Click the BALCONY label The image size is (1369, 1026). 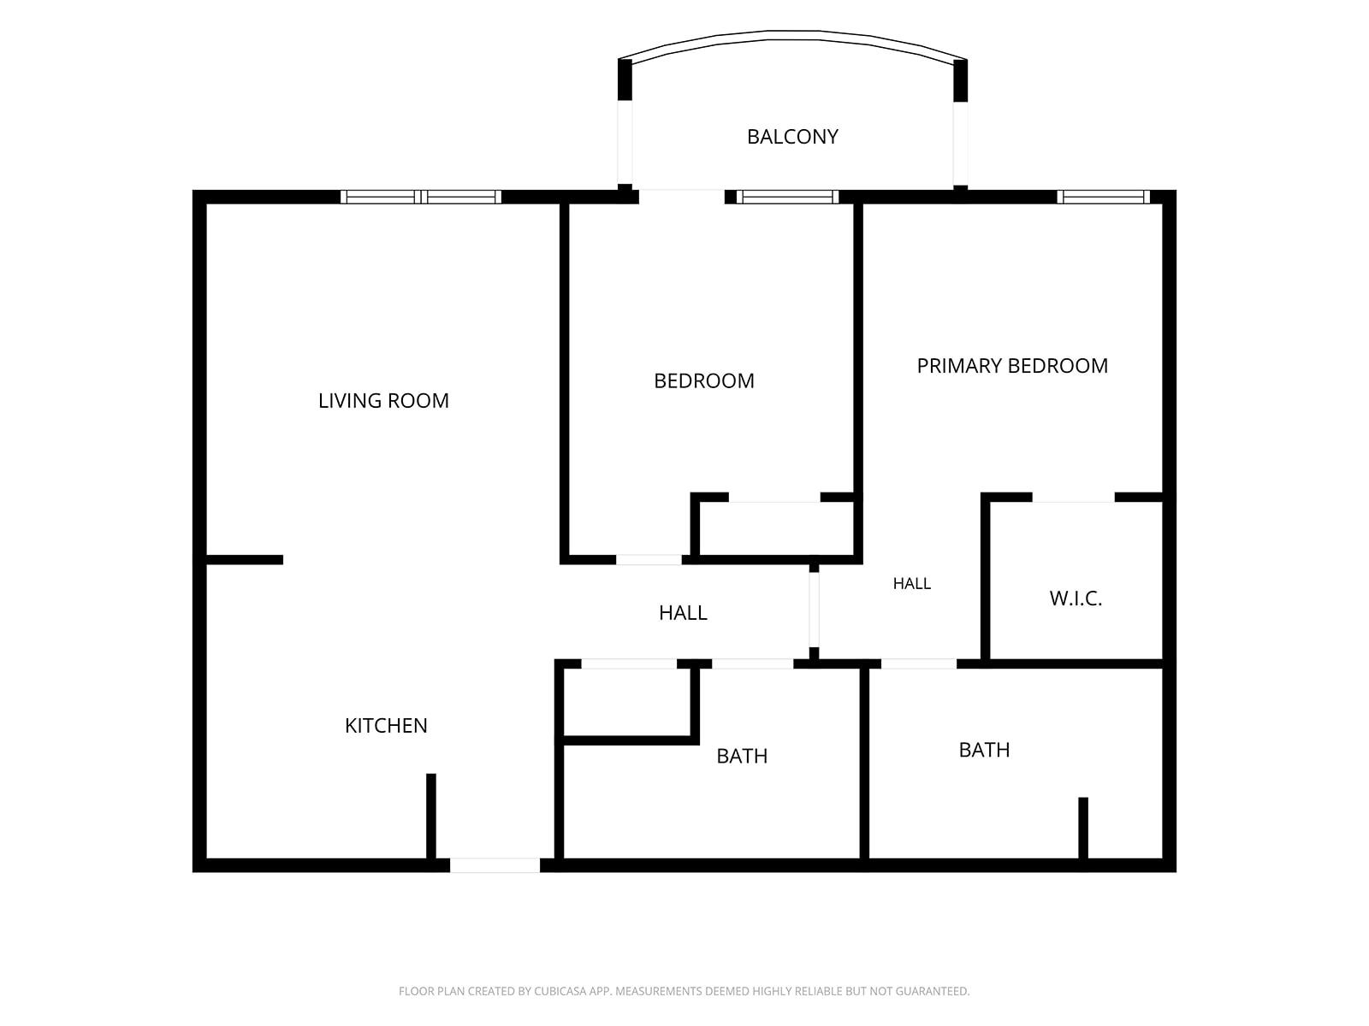(792, 137)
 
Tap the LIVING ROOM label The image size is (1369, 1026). (383, 400)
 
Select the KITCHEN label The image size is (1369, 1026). (386, 725)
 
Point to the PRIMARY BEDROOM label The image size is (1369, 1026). (1012, 366)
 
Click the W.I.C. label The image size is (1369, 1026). (1076, 598)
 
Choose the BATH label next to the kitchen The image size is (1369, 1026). (742, 756)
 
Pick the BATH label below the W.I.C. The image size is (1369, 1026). (984, 750)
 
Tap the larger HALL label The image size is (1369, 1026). (683, 613)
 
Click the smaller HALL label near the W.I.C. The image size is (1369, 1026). (912, 583)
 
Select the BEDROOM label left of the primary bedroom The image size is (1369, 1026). (704, 380)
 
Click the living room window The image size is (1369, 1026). (421, 197)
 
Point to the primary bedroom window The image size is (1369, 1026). (1103, 197)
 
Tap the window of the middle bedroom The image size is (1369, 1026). (788, 197)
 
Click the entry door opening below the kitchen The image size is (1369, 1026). (495, 865)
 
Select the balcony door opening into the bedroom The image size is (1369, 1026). (682, 197)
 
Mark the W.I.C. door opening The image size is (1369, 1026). (1073, 497)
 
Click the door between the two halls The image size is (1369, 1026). (814, 610)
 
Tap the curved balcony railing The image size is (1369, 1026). (792, 35)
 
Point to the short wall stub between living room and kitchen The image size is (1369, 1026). (245, 560)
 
